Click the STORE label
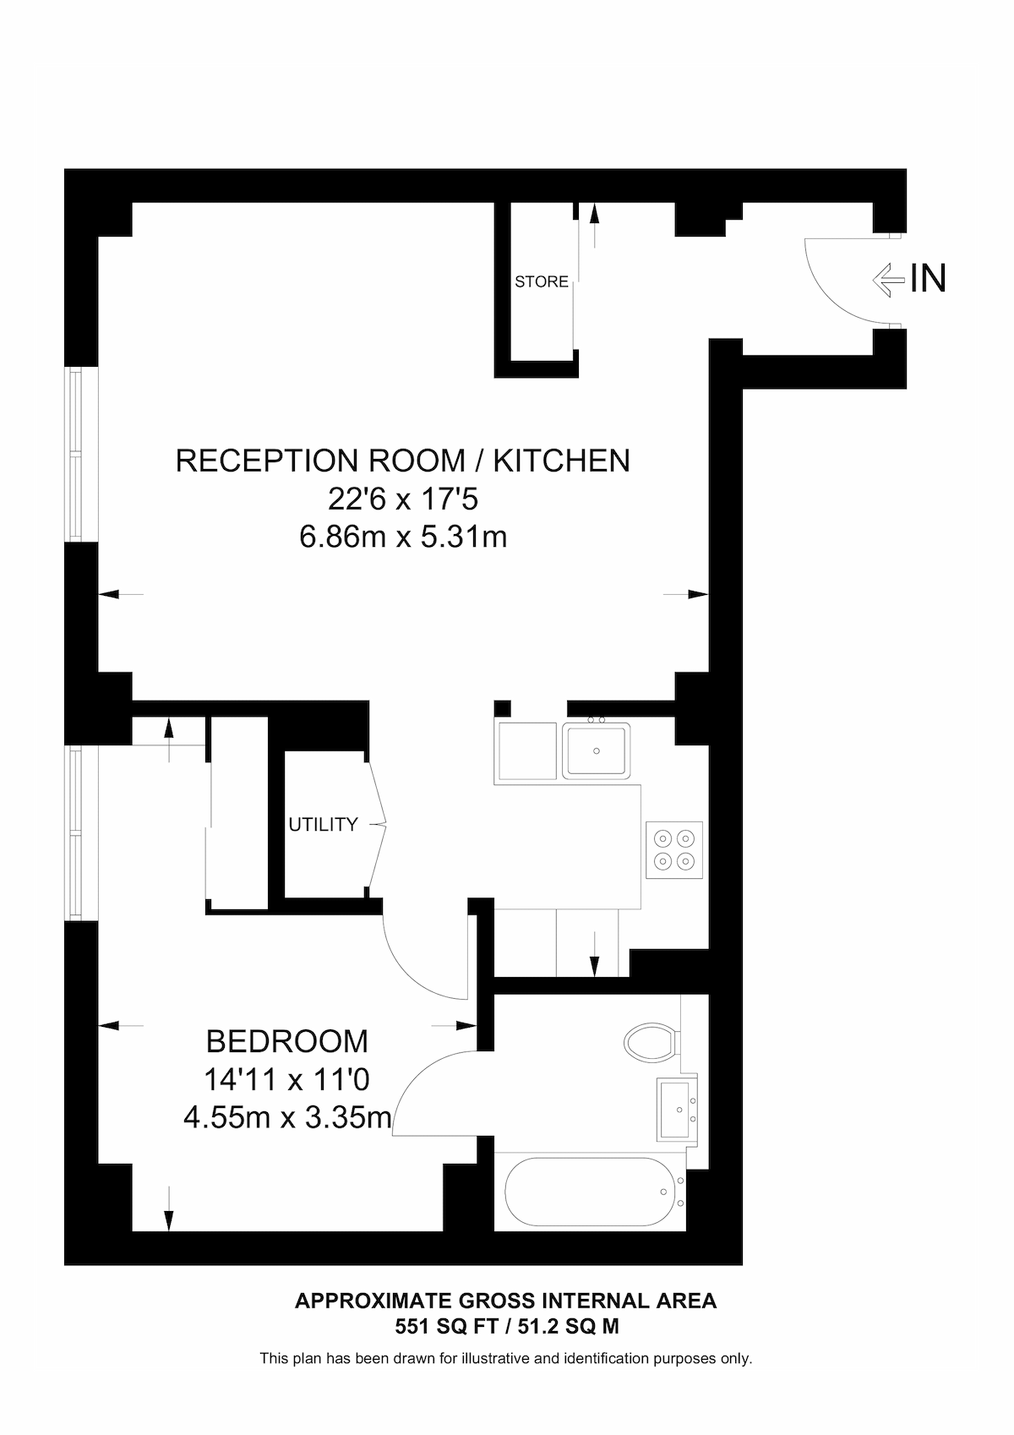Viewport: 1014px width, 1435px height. click(542, 282)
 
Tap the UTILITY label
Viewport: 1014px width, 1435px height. click(323, 825)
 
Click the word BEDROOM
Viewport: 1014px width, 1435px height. click(287, 1041)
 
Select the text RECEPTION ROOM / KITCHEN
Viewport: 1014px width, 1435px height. click(402, 461)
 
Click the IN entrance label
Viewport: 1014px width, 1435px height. click(928, 279)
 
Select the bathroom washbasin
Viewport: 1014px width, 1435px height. click(678, 1109)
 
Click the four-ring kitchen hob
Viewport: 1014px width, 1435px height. click(674, 849)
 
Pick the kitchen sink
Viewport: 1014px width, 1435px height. click(597, 750)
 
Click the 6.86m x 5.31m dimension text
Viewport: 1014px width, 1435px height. click(403, 537)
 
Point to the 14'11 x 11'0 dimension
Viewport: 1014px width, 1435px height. click(287, 1079)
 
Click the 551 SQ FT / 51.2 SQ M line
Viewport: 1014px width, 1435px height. click(506, 1327)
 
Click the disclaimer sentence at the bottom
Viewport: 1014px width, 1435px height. click(505, 1359)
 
